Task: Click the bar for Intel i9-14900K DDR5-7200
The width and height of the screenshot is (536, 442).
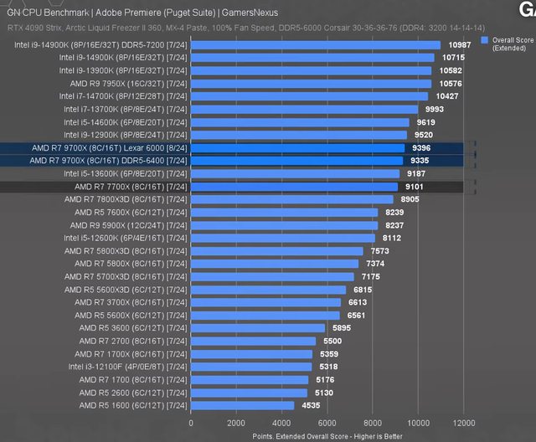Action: click(x=316, y=45)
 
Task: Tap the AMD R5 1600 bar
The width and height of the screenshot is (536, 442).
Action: click(x=243, y=405)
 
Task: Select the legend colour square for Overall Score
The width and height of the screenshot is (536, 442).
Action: click(x=484, y=39)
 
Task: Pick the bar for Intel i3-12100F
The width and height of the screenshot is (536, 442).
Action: click(x=251, y=367)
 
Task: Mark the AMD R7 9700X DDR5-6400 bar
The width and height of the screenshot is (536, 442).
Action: click(x=298, y=161)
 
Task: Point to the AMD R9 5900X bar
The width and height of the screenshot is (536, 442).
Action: click(x=285, y=225)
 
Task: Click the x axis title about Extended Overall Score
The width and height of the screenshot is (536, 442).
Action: click(x=327, y=436)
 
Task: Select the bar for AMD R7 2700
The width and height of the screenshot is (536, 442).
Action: click(x=253, y=341)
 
